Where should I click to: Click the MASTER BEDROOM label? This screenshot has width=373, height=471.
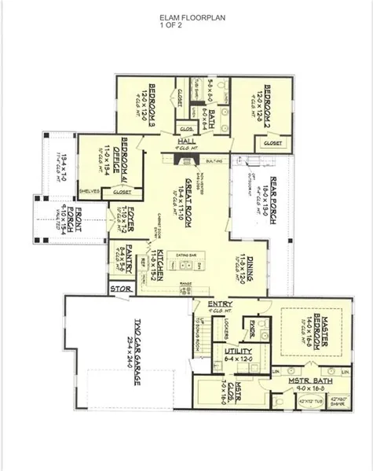click(x=318, y=331)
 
